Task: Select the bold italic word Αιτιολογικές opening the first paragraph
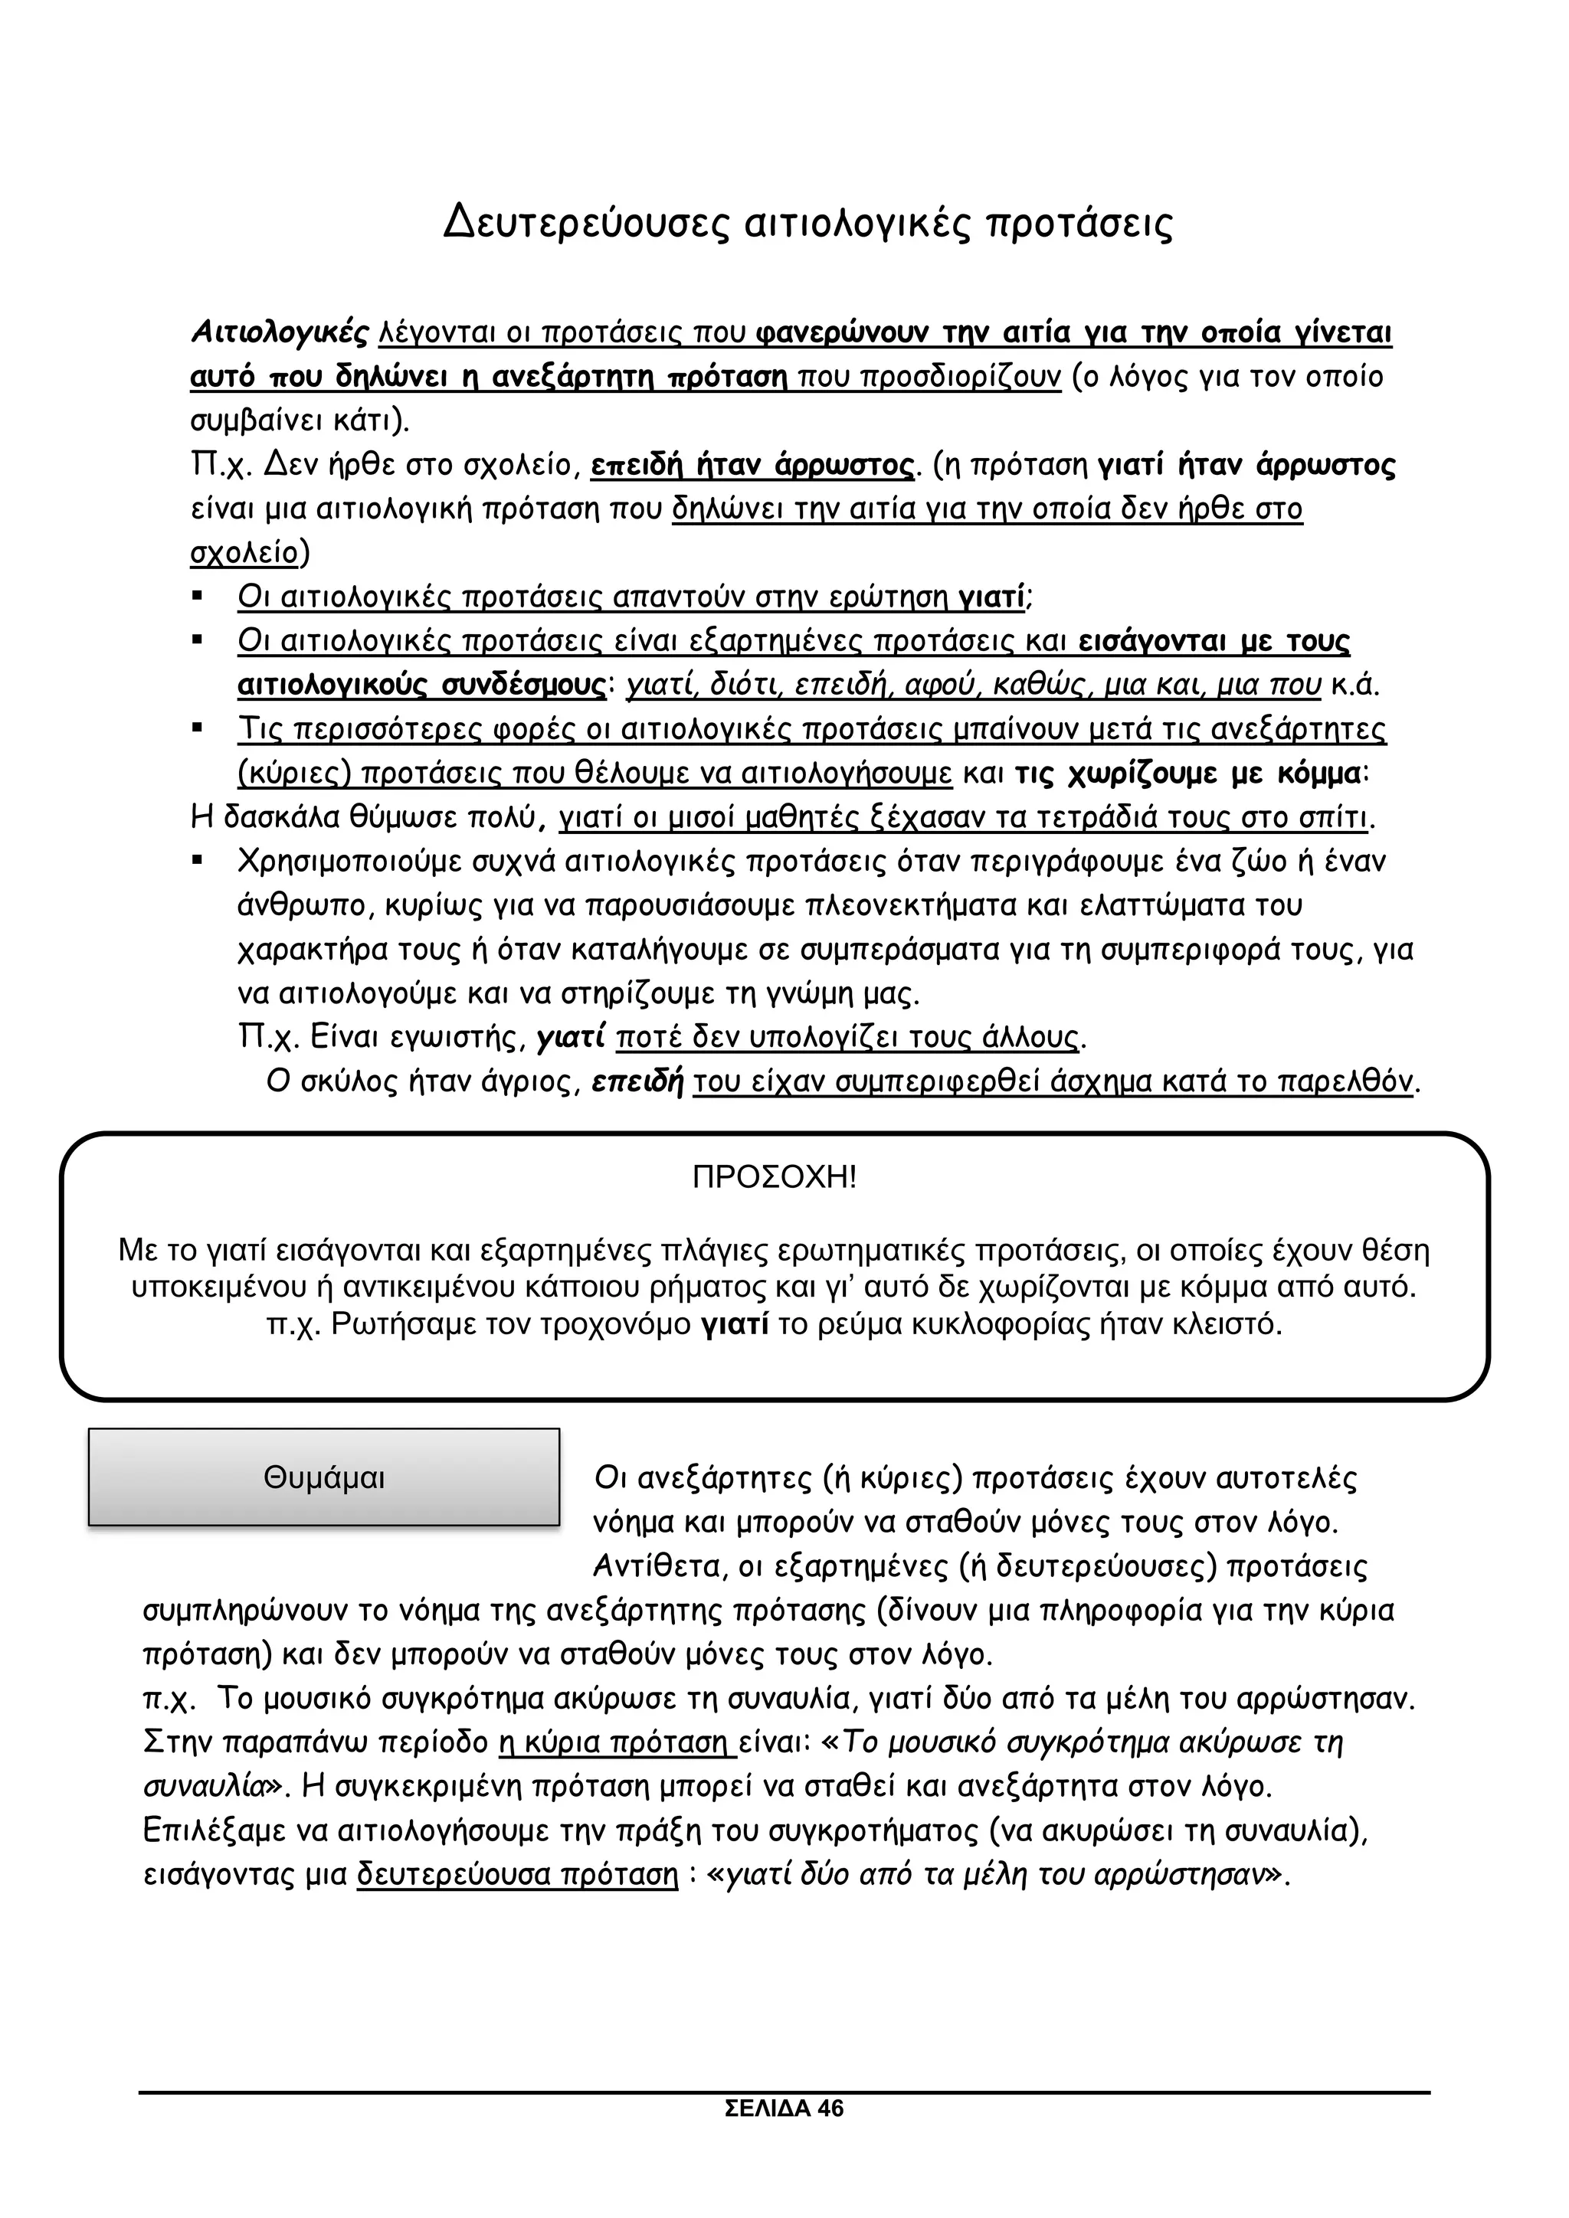[279, 332]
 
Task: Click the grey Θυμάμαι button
[323, 1478]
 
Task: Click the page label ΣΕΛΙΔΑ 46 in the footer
[784, 2136]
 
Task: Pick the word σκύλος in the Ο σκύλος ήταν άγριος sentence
[337, 1082]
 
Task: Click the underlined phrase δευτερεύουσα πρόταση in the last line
[517, 1875]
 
